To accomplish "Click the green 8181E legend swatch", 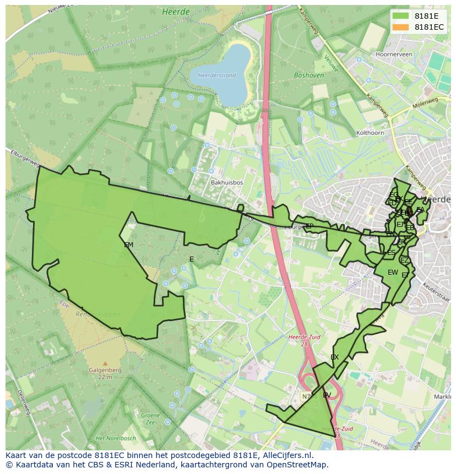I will tap(401, 16).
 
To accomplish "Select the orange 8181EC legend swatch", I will tap(401, 27).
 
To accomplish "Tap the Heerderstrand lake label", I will tap(217, 75).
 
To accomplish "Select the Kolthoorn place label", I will tap(370, 133).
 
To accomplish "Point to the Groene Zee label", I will tap(150, 418).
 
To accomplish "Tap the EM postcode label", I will tap(128, 245).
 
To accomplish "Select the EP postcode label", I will tap(309, 226).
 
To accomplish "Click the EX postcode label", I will tap(334, 357).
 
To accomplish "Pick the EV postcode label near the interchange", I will tap(327, 395).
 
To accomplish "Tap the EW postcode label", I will tap(393, 273).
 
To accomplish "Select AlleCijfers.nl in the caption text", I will tap(286, 455).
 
